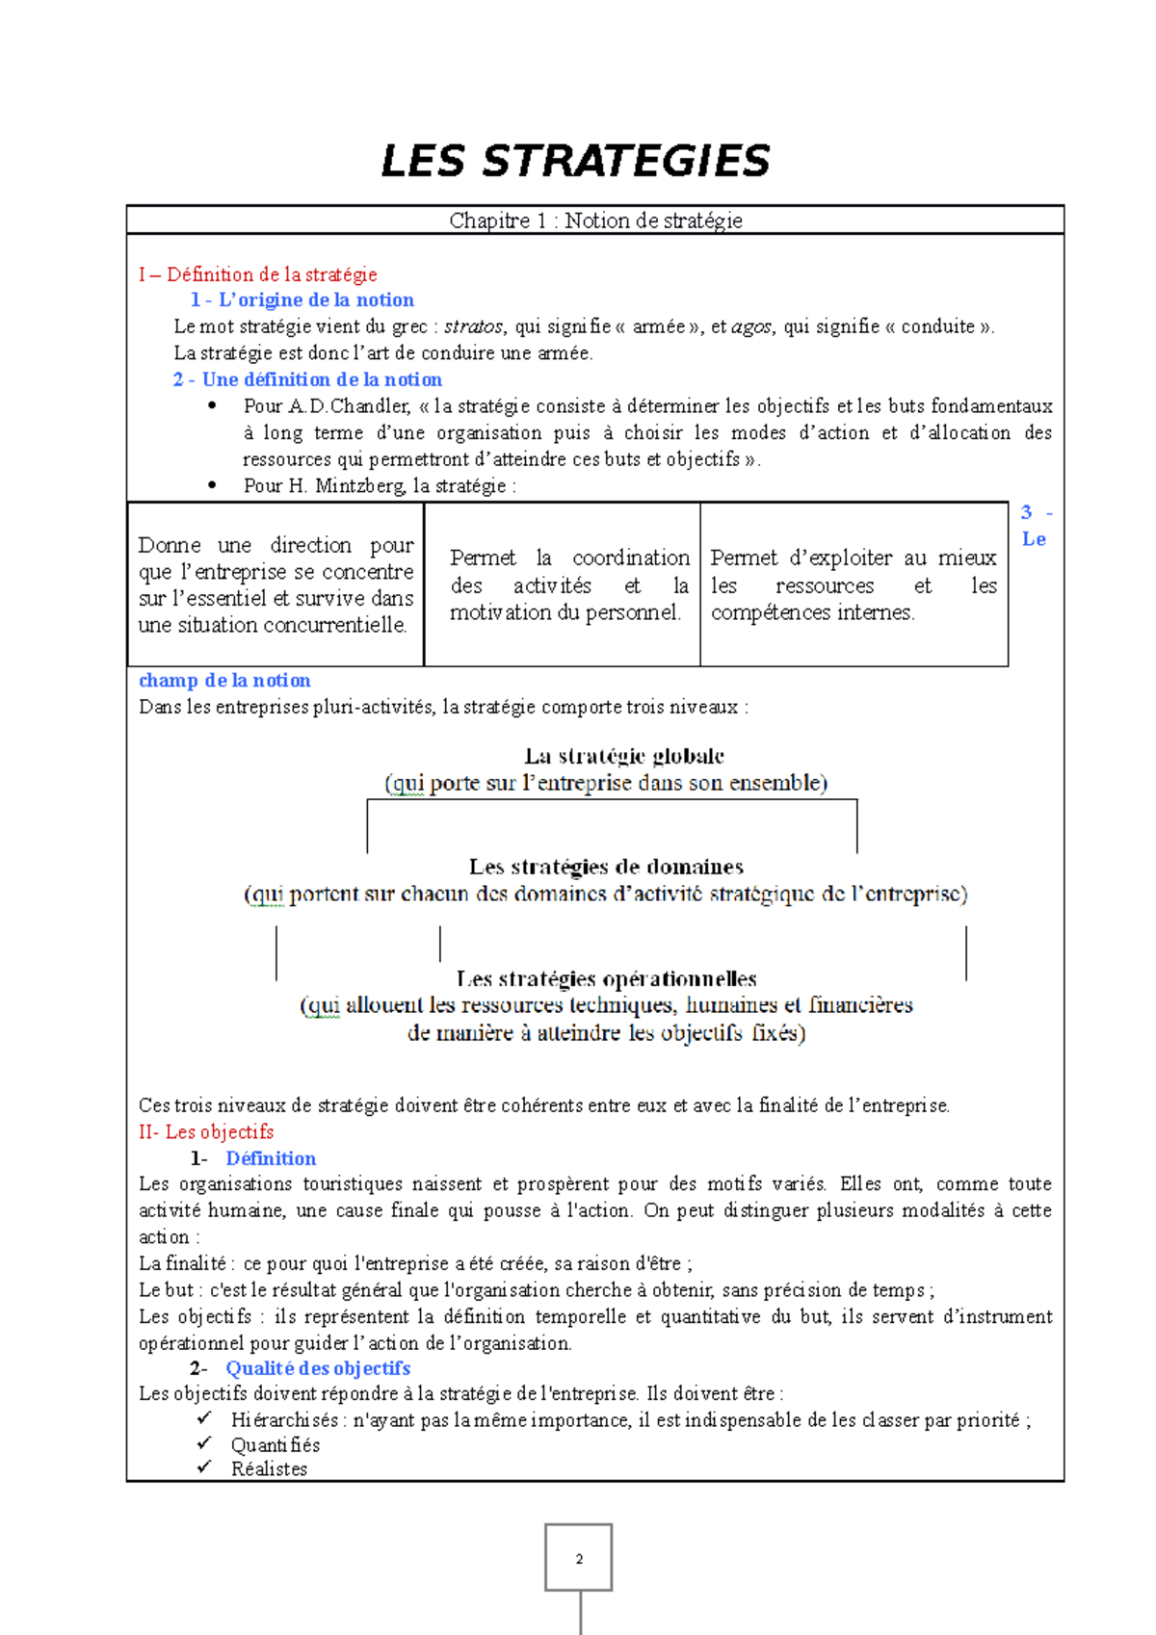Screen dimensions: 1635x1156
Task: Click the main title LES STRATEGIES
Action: point(575,161)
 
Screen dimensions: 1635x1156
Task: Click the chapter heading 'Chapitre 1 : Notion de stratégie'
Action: point(595,221)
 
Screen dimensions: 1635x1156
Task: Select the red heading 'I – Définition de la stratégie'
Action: point(257,274)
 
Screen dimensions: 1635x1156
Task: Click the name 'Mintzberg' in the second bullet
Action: point(360,486)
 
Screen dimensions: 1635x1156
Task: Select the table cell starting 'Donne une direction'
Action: point(276,584)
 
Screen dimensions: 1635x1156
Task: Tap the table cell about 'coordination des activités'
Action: point(568,584)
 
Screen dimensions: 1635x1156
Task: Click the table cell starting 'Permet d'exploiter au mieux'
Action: point(854,584)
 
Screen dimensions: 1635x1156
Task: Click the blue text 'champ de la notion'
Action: point(224,681)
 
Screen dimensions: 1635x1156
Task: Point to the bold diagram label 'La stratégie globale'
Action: point(624,756)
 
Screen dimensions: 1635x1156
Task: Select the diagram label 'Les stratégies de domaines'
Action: point(606,867)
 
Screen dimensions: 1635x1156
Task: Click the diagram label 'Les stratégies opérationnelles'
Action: point(606,979)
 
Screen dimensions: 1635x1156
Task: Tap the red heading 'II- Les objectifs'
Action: point(206,1131)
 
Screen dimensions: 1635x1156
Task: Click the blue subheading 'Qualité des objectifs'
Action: point(318,1368)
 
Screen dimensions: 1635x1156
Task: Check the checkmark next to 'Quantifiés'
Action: point(204,1443)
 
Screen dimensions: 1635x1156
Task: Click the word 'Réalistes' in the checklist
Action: point(269,1469)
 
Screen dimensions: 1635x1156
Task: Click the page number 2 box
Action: point(579,1557)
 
